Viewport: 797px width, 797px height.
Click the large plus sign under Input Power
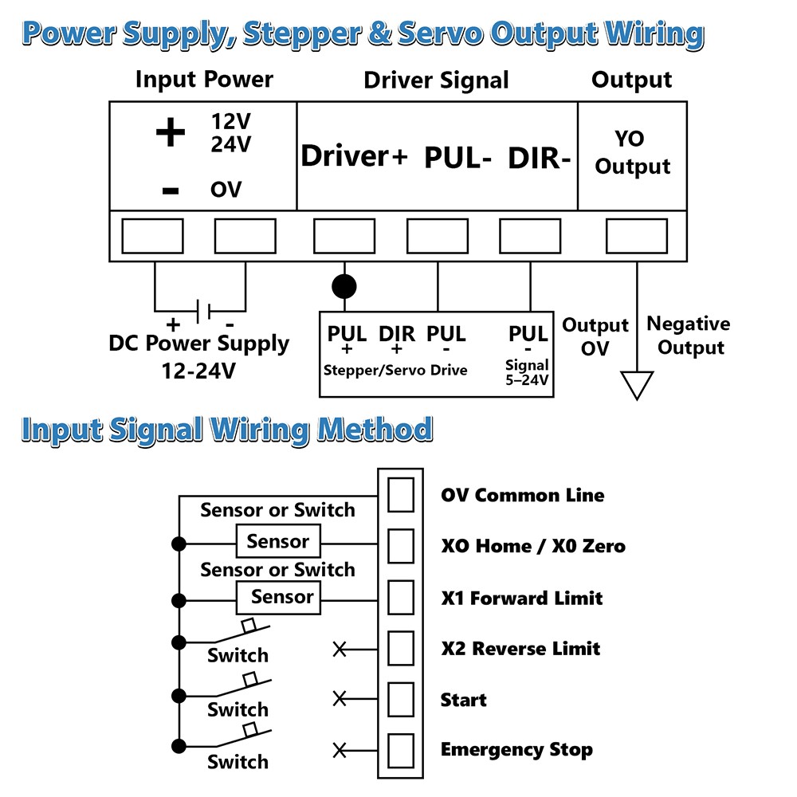point(171,132)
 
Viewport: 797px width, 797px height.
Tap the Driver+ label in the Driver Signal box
point(355,155)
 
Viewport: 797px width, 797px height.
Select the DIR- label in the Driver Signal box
point(540,158)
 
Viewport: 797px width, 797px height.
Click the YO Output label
point(632,152)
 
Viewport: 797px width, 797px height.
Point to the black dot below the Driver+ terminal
point(344,287)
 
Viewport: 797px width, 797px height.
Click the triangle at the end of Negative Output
point(637,385)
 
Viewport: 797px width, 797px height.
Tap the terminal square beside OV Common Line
point(401,495)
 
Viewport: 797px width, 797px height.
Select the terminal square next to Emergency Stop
point(401,751)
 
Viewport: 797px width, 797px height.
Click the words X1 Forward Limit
point(521,599)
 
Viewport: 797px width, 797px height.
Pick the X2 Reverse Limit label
point(520,649)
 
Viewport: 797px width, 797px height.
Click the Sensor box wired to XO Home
point(278,541)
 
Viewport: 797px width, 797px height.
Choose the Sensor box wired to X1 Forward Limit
point(278,597)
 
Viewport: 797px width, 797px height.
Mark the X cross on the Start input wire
point(340,699)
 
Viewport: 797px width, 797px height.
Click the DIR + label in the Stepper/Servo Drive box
point(397,340)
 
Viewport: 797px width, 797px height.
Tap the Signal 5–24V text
point(527,372)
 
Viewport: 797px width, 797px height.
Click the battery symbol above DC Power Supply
point(202,311)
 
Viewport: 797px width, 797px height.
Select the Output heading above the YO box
point(631,80)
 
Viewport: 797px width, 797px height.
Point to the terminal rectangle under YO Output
point(636,236)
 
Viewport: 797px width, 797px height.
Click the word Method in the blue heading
point(375,430)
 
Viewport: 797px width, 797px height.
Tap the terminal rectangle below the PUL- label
point(437,236)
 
